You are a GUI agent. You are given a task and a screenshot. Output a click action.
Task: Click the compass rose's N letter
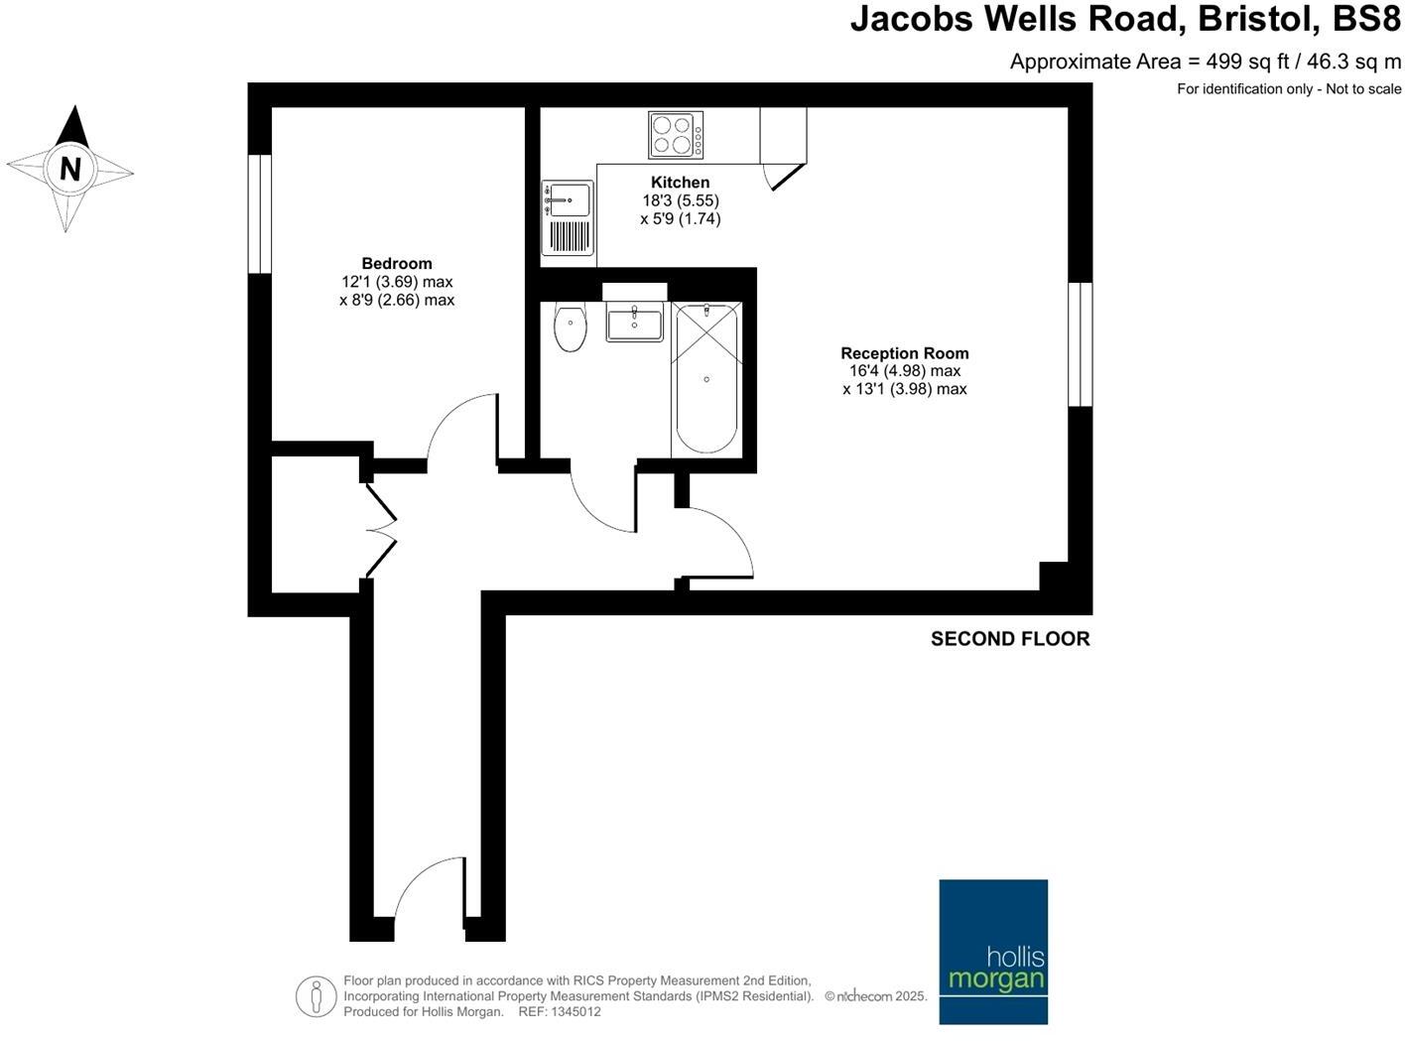coord(69,169)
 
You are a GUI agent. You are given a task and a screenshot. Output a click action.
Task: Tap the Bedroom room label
coord(397,264)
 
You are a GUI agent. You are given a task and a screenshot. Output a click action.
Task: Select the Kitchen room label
coord(680,183)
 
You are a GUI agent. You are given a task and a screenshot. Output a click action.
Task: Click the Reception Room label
coord(904,353)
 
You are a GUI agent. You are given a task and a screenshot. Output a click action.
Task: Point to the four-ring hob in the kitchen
coord(676,135)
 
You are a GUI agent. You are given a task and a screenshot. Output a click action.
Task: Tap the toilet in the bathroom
coord(570,327)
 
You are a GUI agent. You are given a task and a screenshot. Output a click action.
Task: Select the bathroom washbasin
coord(634,324)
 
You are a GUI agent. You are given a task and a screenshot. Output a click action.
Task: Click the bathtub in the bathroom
coord(706,379)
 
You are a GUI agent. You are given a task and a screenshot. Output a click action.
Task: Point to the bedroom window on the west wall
coord(260,213)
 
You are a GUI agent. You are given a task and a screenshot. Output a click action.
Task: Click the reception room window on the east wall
coord(1080,344)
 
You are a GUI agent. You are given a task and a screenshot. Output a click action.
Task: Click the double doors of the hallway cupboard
coord(382,530)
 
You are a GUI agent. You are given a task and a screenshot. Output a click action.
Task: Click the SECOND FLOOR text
coord(1009,639)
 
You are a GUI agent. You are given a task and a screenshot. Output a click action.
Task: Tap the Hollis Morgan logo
coord(993,951)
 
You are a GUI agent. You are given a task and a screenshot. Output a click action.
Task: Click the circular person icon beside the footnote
coord(316,995)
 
